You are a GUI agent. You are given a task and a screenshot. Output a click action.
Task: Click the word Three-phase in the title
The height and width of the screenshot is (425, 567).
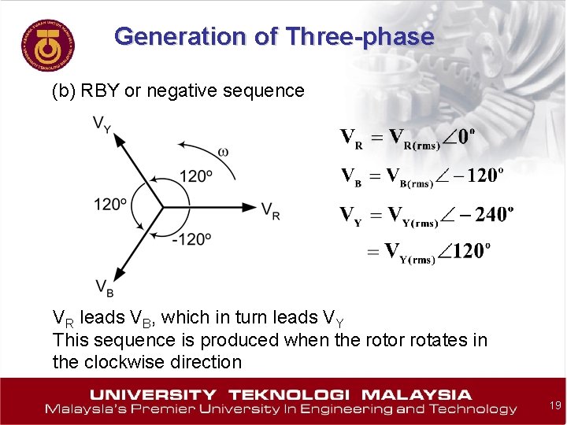[360, 36]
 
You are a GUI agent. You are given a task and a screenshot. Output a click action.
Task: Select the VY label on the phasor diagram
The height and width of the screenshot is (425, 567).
[102, 124]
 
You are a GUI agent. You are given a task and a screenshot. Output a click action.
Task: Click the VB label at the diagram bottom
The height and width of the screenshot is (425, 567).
[104, 288]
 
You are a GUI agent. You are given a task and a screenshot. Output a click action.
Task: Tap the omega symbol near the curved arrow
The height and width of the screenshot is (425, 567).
[223, 151]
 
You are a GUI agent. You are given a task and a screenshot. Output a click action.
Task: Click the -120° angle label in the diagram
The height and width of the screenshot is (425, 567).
[193, 238]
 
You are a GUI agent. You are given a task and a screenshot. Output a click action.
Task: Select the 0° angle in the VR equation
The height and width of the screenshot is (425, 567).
[465, 137]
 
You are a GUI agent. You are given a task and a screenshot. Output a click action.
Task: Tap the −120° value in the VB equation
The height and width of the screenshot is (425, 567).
[476, 175]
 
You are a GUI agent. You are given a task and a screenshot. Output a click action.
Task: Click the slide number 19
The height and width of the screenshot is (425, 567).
[554, 405]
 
